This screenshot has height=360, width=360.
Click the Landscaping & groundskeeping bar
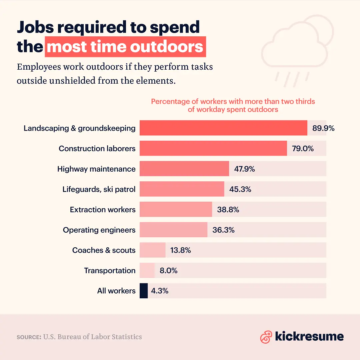tap(223, 128)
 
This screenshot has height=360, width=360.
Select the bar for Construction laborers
tap(213, 148)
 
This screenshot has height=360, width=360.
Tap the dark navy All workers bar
tap(144, 291)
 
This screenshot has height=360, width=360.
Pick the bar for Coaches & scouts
tap(152, 250)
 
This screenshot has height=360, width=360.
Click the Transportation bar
tap(147, 270)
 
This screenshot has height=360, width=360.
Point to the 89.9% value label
tap(323, 128)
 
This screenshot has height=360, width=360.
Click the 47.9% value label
tap(244, 169)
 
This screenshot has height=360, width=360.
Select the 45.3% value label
tap(240, 189)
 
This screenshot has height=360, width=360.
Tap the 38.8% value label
tap(228, 210)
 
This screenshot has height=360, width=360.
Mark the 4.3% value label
tap(160, 291)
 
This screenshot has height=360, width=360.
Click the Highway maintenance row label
tap(96, 169)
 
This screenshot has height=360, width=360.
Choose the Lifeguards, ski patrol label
tap(99, 189)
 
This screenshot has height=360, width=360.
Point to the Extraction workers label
tap(103, 210)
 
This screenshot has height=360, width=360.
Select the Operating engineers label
tap(99, 230)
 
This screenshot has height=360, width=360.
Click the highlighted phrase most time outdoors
tap(125, 47)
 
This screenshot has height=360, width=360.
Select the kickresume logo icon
tap(266, 337)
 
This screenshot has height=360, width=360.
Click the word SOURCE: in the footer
tap(29, 337)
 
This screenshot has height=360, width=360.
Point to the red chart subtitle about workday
tap(233, 105)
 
